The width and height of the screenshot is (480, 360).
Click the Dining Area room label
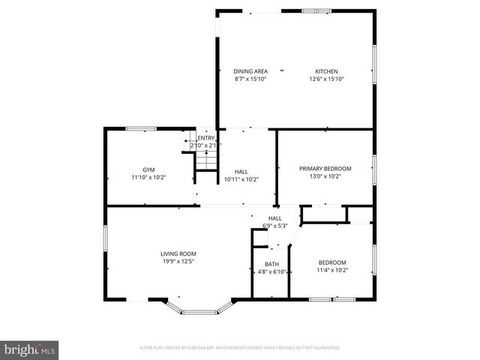(x=250, y=71)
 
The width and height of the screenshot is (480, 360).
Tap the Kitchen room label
(x=326, y=71)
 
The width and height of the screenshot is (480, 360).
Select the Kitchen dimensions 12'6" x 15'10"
(x=326, y=79)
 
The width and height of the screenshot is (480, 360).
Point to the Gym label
(x=148, y=169)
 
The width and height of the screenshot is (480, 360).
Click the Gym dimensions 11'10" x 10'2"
(x=148, y=178)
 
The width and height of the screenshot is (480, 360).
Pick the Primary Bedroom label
(x=325, y=169)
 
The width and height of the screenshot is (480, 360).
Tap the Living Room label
(x=178, y=253)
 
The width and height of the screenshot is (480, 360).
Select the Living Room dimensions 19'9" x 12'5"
(x=178, y=262)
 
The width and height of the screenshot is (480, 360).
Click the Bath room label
(x=271, y=264)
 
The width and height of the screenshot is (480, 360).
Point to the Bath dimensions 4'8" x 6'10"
(x=271, y=271)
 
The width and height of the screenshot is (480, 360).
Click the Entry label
(x=206, y=138)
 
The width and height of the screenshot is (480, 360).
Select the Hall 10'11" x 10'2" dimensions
(x=241, y=179)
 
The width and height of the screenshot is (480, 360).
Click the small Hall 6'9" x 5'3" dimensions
(x=275, y=226)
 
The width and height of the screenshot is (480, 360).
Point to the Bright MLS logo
(x=30, y=349)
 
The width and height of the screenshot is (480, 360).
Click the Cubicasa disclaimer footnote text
(x=240, y=348)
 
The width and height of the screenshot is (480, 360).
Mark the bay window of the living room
(x=201, y=309)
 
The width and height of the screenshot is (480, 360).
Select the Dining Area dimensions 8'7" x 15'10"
(x=250, y=79)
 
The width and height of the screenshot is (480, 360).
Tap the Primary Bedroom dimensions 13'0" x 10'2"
(x=325, y=177)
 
